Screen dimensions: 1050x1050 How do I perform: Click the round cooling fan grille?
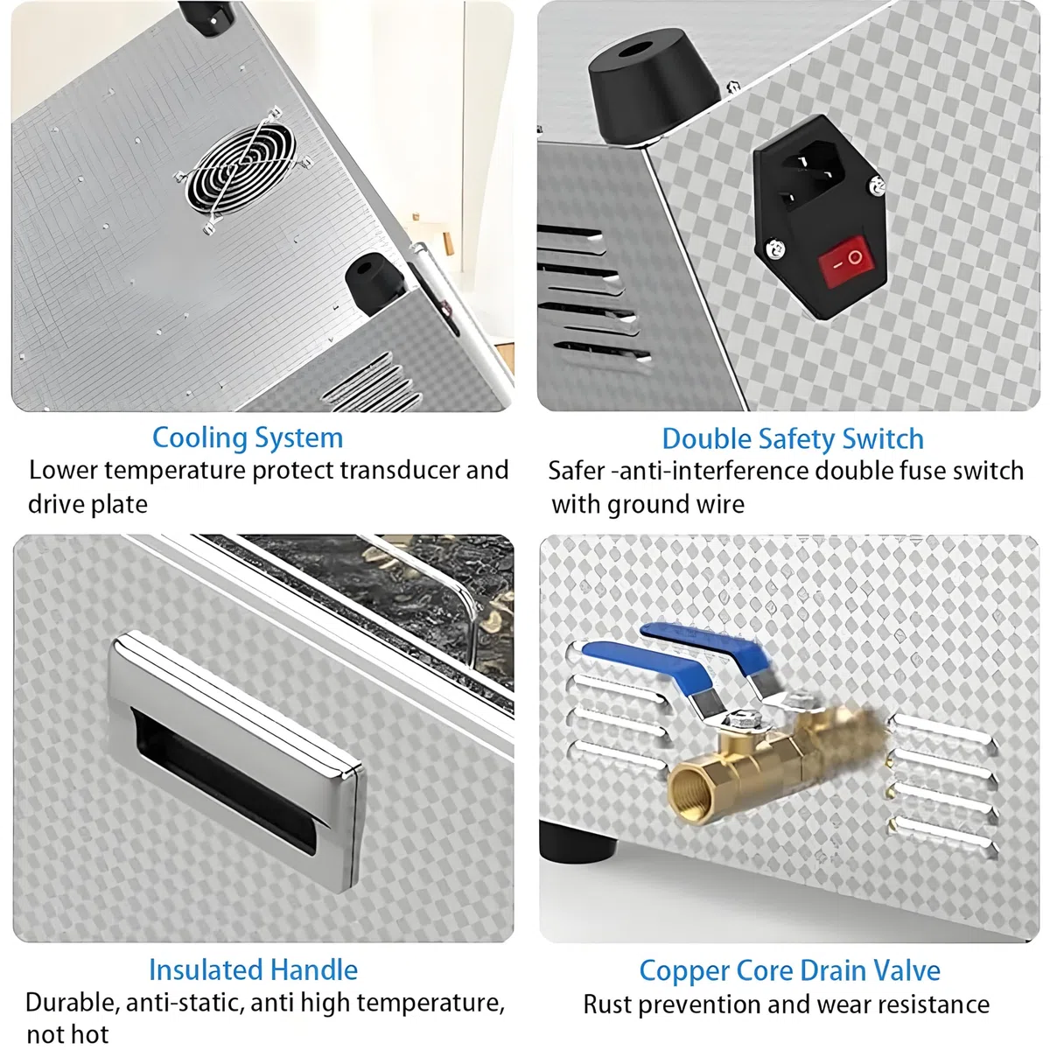[x=240, y=170]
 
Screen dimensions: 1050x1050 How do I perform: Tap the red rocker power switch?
[x=845, y=262]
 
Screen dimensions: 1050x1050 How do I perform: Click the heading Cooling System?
[x=248, y=438]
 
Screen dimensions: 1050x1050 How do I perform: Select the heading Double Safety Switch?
[x=793, y=439]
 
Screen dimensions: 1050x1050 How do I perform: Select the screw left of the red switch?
[x=775, y=249]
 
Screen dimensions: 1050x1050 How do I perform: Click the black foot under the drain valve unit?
[x=577, y=843]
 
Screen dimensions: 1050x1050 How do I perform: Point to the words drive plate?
[x=87, y=505]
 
